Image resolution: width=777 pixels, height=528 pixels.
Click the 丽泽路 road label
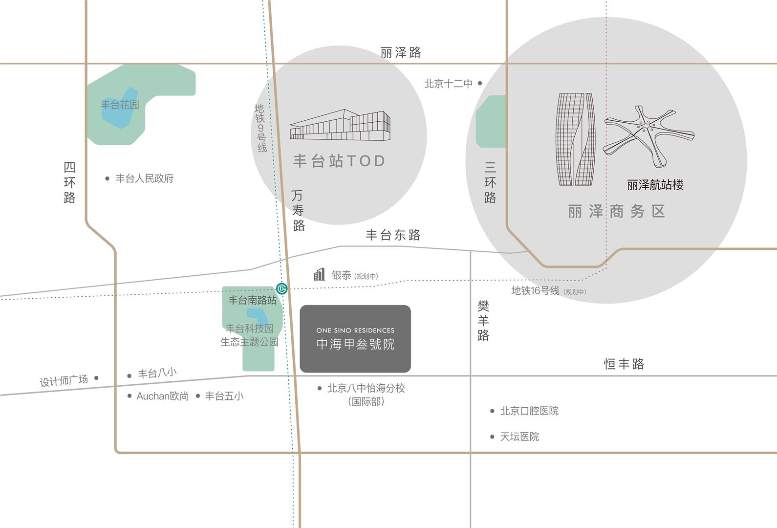tap(401, 52)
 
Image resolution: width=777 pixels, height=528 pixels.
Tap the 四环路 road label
tap(69, 182)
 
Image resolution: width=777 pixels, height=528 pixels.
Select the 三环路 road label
tap(490, 182)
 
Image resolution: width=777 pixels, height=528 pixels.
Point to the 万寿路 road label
tap(298, 210)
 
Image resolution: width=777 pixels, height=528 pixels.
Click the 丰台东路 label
tap(393, 235)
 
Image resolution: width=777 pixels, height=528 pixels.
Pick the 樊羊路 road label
tap(483, 321)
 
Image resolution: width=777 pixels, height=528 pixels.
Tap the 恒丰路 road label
tap(624, 364)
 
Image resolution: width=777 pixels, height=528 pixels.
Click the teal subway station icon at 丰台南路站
tap(281, 288)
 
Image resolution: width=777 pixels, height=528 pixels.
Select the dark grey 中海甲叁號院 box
tap(355, 339)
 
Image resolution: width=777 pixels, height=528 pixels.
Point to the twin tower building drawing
tap(576, 139)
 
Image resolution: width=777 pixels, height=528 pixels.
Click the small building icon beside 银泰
tap(320, 275)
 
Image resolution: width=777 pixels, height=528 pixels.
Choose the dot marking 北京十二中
tap(480, 84)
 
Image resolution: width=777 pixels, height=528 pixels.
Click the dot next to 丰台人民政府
tap(107, 179)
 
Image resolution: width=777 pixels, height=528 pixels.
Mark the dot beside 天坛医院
tap(492, 437)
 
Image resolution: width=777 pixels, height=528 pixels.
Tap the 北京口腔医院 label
tap(529, 411)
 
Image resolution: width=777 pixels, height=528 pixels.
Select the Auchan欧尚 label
tap(163, 396)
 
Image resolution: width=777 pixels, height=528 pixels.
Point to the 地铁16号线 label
tap(535, 291)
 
